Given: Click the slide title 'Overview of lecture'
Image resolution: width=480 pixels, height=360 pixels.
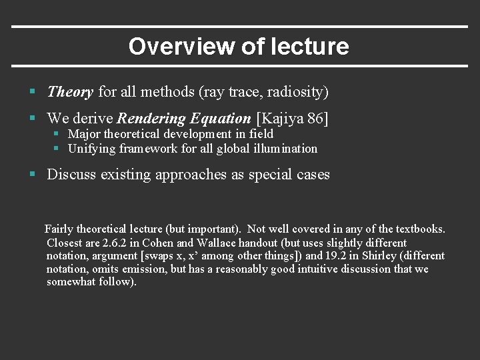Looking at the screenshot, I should [x=239, y=47].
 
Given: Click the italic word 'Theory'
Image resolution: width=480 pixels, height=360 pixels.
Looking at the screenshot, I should [x=70, y=91].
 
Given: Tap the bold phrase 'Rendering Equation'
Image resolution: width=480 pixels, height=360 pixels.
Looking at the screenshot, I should [x=184, y=119].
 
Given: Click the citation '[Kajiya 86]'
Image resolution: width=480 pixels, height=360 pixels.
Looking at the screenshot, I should [x=292, y=119].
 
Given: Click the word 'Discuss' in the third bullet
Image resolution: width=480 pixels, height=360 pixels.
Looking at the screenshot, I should [x=71, y=175].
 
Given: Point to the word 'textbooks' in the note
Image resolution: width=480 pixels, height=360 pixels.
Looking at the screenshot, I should [x=419, y=229].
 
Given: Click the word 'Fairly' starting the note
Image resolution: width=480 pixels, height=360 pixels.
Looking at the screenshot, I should [x=61, y=229].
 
